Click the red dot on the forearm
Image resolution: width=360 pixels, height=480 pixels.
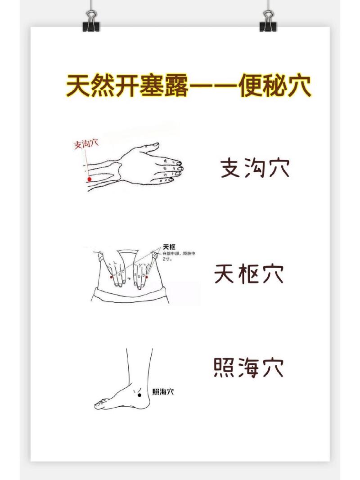[89, 179]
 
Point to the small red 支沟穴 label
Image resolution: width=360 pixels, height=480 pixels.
[85, 144]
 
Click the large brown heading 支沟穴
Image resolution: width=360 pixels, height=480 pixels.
[254, 168]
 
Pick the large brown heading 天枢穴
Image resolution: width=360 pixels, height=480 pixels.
[249, 274]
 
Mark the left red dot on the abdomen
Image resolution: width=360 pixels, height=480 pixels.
[112, 278]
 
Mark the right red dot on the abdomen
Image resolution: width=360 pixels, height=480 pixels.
[147, 278]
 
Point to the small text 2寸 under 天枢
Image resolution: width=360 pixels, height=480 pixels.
[167, 260]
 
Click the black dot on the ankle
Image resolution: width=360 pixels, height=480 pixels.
[139, 394]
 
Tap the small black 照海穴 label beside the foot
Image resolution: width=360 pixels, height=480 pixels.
[163, 392]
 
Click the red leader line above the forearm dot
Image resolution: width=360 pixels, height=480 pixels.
[86, 162]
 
